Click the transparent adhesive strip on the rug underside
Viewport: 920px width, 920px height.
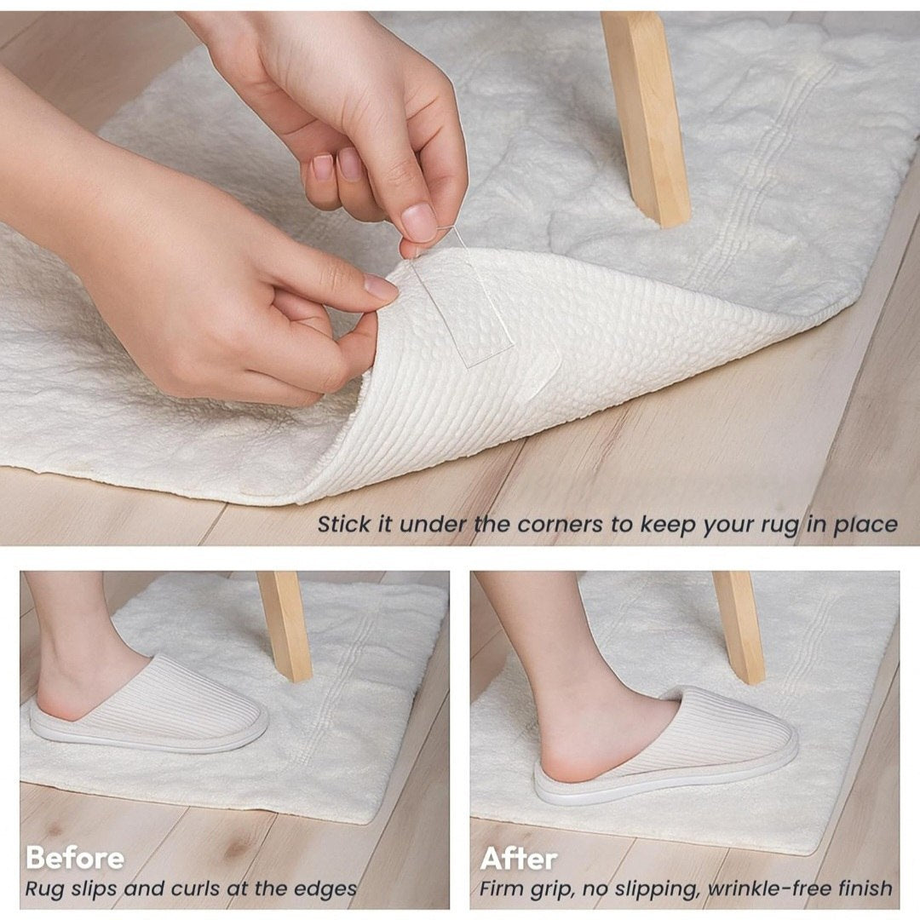[461, 299]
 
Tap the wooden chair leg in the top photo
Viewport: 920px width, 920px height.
[646, 118]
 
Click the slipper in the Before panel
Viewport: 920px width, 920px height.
[150, 706]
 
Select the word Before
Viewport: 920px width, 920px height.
[75, 858]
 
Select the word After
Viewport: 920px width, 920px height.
[519, 860]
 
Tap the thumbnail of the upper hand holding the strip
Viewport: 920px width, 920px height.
[419, 221]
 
